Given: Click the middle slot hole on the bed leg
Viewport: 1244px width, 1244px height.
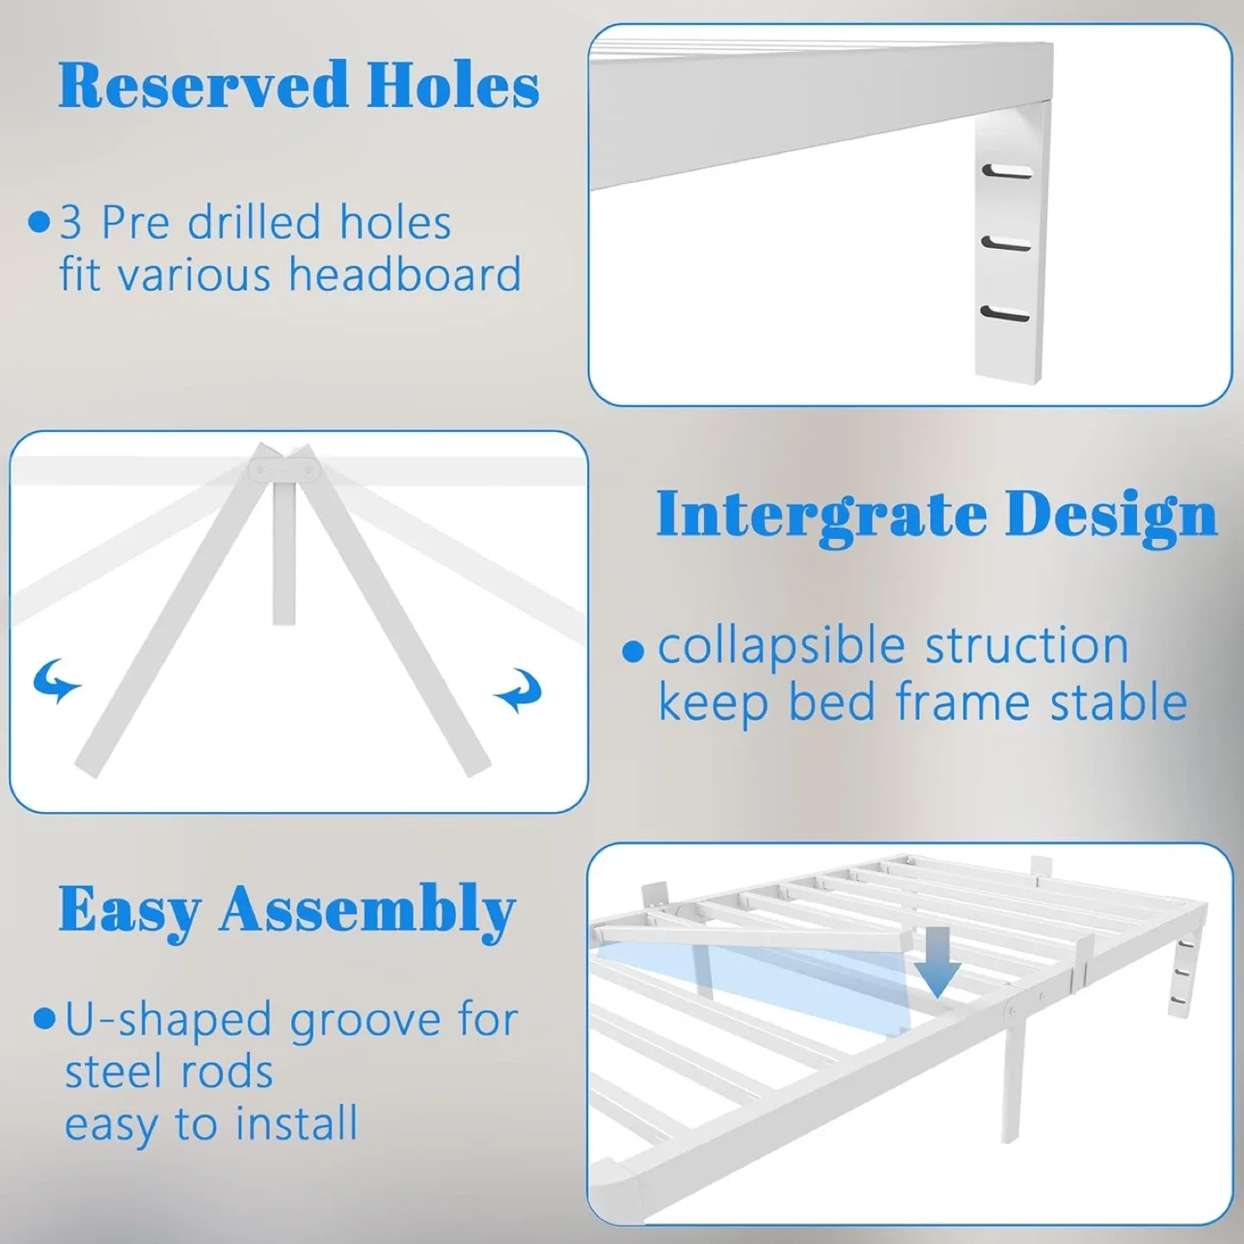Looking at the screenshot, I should click(1006, 244).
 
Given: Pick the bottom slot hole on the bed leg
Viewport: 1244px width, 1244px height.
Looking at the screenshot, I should click(1006, 314).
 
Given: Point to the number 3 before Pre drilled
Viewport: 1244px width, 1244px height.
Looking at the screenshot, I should click(71, 223).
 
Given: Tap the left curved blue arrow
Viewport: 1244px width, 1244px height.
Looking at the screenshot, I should click(56, 681).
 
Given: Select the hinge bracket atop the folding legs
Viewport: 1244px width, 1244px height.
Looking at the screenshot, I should click(284, 468).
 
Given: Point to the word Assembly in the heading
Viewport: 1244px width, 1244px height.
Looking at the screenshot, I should click(367, 911).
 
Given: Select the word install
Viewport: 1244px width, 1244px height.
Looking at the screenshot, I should click(298, 1124).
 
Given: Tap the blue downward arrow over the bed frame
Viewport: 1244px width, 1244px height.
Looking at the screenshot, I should click(938, 961).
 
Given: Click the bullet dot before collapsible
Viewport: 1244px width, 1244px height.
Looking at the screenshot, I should click(634, 651).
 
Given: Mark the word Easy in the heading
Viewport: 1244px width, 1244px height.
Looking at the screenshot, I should click(130, 911).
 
